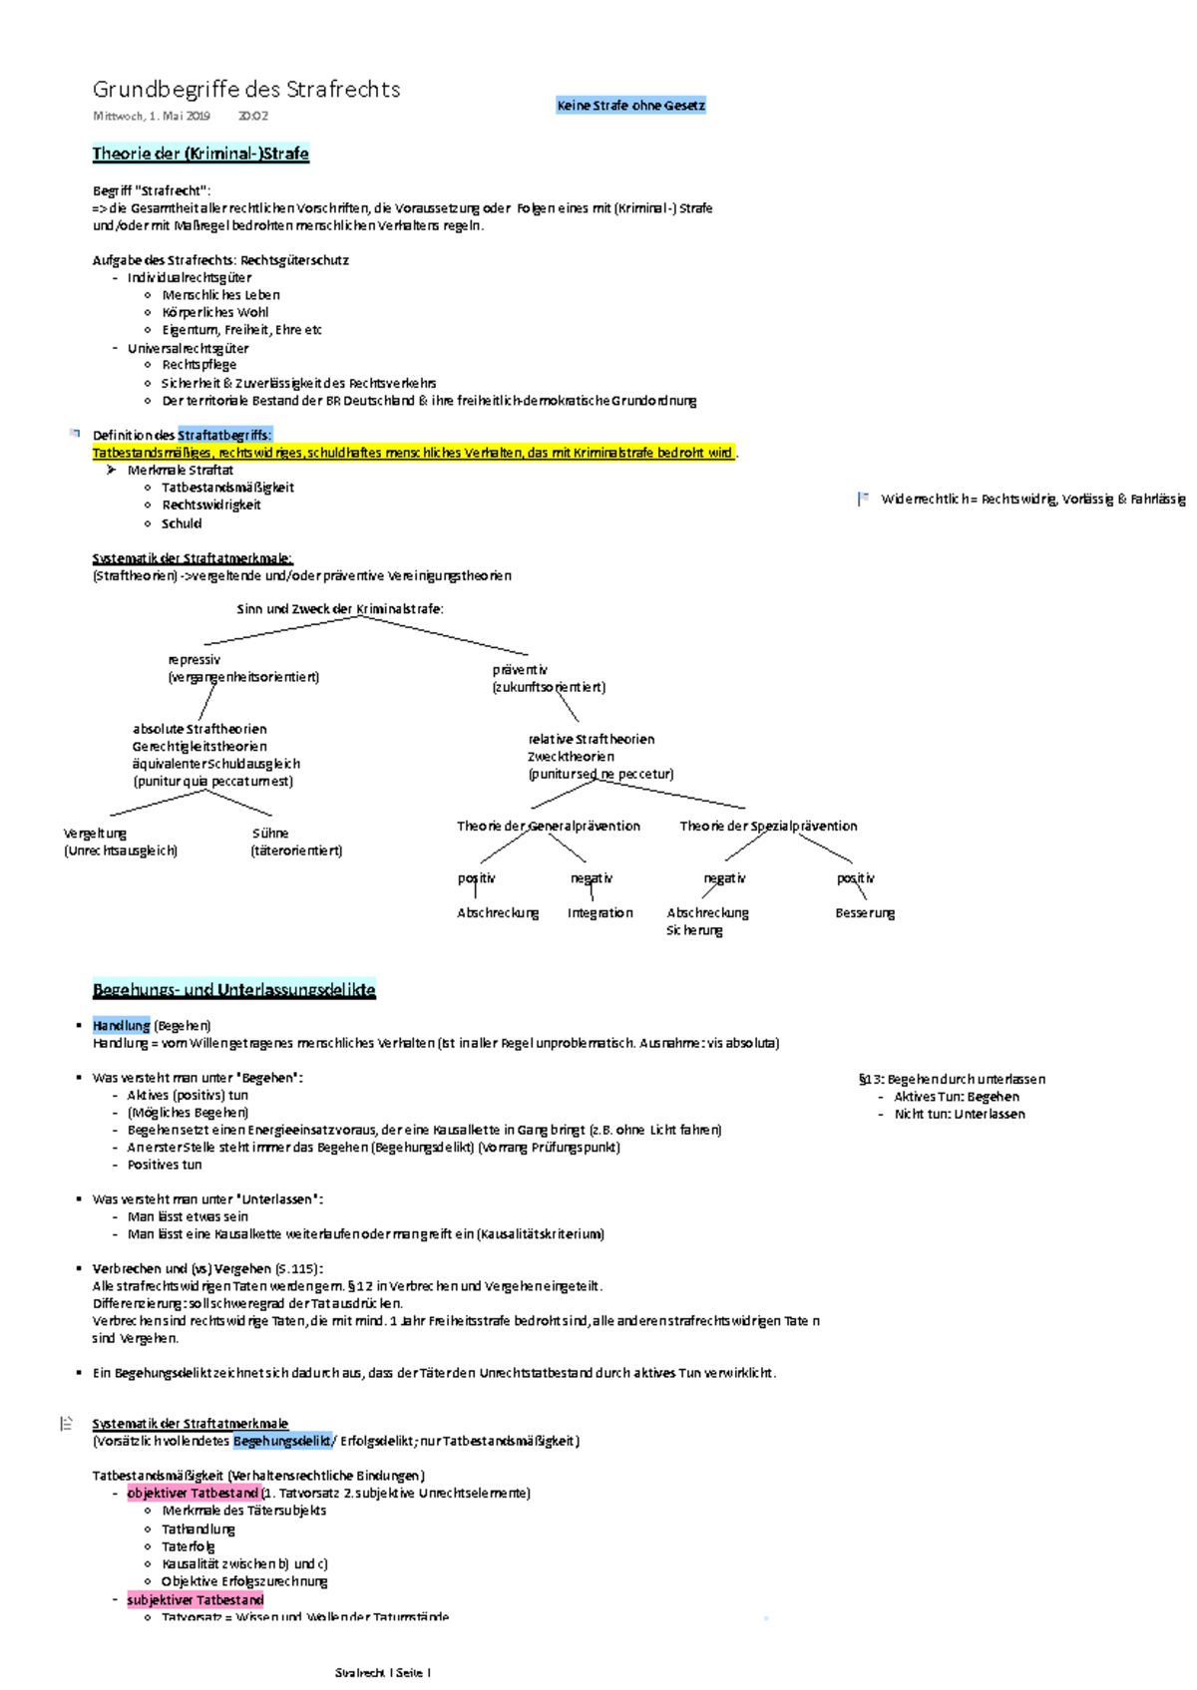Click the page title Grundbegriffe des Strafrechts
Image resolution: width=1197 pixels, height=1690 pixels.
[x=246, y=90]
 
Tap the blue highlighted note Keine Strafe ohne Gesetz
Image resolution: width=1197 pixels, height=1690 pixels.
[x=630, y=106]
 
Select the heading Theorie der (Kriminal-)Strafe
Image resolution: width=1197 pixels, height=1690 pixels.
[x=200, y=154]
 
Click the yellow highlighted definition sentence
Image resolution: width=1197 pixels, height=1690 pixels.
[x=413, y=453]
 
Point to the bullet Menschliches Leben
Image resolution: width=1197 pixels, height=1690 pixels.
[x=220, y=295]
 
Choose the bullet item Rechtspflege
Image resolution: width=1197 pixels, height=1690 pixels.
[x=199, y=365]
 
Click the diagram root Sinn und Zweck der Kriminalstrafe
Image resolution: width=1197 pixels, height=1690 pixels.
[x=340, y=609]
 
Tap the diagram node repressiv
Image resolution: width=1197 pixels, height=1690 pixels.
[x=195, y=660]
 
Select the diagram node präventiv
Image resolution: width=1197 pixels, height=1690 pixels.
[x=520, y=670]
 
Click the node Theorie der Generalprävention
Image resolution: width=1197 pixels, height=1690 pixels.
[x=548, y=827]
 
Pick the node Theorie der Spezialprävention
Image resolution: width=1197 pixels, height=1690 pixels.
[x=768, y=827]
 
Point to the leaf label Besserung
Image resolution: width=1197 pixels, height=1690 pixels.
[x=865, y=913]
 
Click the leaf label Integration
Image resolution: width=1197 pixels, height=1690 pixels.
[x=599, y=913]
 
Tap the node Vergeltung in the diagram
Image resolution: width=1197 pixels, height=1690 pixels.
[x=95, y=834]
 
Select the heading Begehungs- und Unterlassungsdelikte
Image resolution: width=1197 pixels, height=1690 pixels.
[x=233, y=990]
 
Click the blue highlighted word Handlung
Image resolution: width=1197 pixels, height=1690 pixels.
[x=121, y=1026]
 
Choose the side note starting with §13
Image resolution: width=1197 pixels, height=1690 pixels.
[x=952, y=1080]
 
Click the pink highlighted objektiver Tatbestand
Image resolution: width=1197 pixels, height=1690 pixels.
[x=193, y=1494]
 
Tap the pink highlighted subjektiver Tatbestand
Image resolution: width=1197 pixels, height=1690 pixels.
[x=196, y=1600]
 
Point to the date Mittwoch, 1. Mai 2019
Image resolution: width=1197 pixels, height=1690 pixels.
[x=152, y=117]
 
